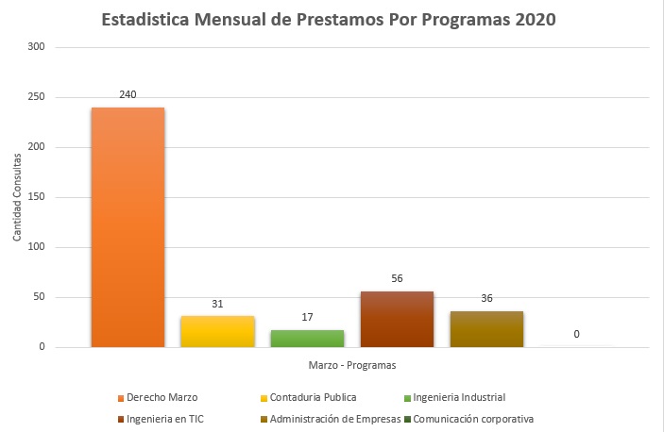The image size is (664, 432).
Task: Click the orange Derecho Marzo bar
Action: point(128,227)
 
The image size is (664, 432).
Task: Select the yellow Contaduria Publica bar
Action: point(217,331)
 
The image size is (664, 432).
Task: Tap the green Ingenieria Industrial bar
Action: point(307,339)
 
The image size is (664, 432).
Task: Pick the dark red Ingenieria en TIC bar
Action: point(397,319)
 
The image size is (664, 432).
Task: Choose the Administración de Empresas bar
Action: point(486,329)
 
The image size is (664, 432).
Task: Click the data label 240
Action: point(128,95)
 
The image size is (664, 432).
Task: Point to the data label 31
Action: point(217,304)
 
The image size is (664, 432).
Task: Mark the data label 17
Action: point(307,318)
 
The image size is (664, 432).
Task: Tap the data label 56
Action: point(397,279)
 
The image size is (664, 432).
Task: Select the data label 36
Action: point(486,299)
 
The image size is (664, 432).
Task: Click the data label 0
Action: point(576,335)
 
